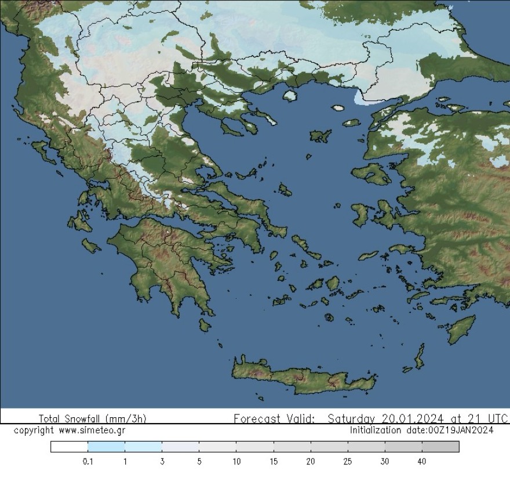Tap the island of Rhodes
[461, 329]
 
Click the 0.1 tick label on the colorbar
[88, 461]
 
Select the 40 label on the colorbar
[421, 461]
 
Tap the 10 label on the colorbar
[236, 461]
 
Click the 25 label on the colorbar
[348, 461]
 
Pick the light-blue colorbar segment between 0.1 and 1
[106, 446]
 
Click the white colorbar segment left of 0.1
[69, 446]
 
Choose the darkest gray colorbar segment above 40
[440, 446]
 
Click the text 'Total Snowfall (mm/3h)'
[92, 418]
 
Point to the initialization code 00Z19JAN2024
[461, 430]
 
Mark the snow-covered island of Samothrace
[338, 107]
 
